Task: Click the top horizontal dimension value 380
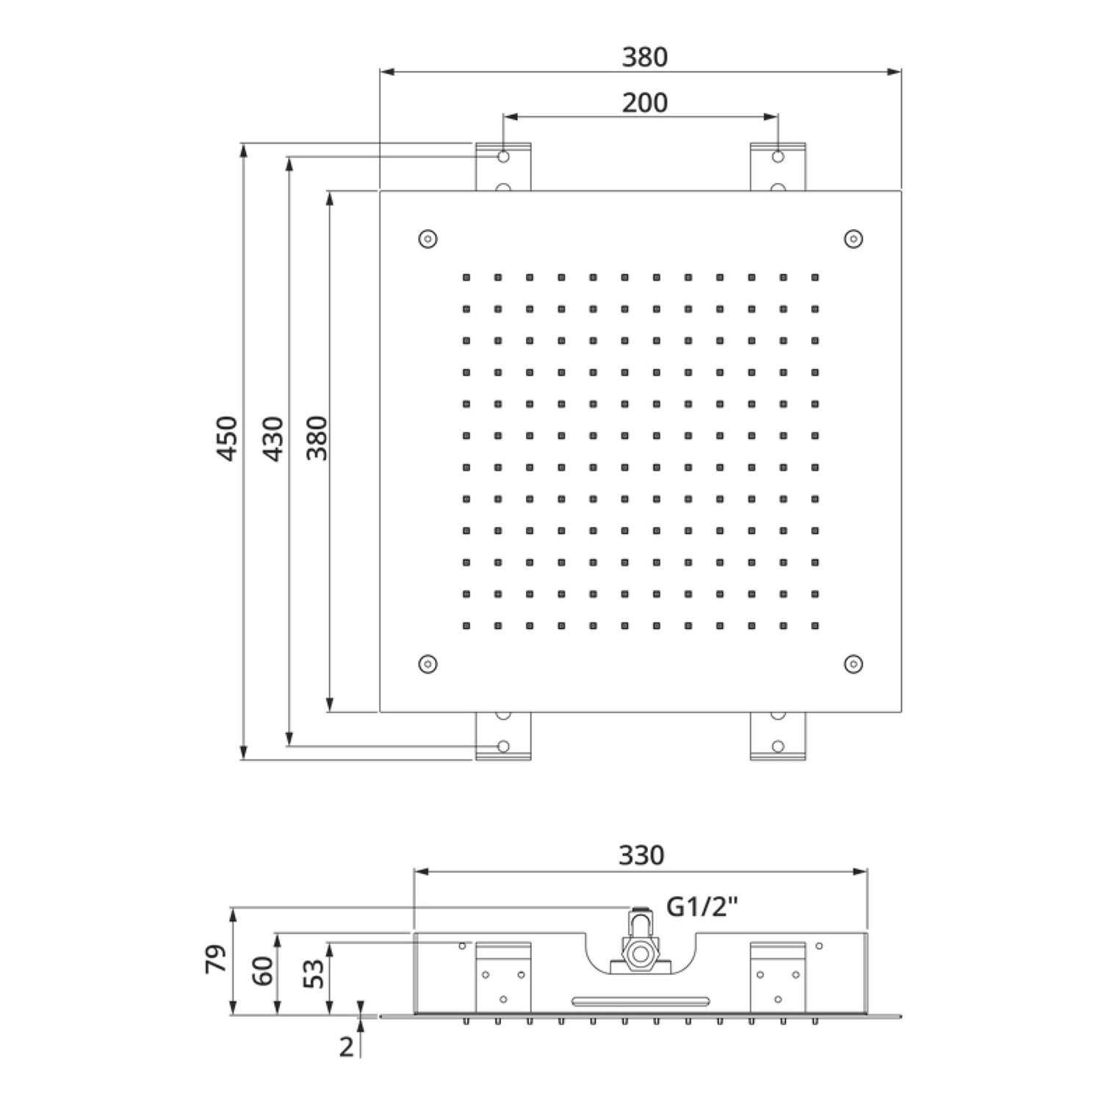click(x=644, y=57)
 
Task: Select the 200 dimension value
click(x=644, y=103)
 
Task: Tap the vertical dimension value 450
click(x=228, y=439)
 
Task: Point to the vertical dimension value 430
click(x=273, y=439)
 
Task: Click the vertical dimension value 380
click(x=317, y=439)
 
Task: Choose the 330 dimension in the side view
click(x=641, y=855)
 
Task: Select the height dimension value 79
click(x=217, y=960)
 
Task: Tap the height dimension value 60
click(x=262, y=971)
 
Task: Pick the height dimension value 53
click(x=314, y=974)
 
